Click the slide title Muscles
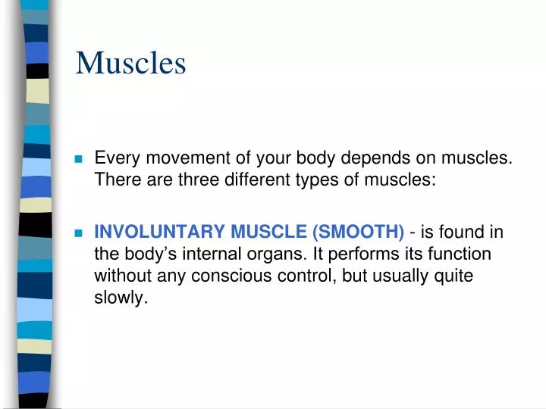[130, 63]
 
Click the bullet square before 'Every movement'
[78, 160]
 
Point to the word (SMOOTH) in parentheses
[358, 232]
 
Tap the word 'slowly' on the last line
[118, 298]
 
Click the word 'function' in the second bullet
[460, 254]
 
